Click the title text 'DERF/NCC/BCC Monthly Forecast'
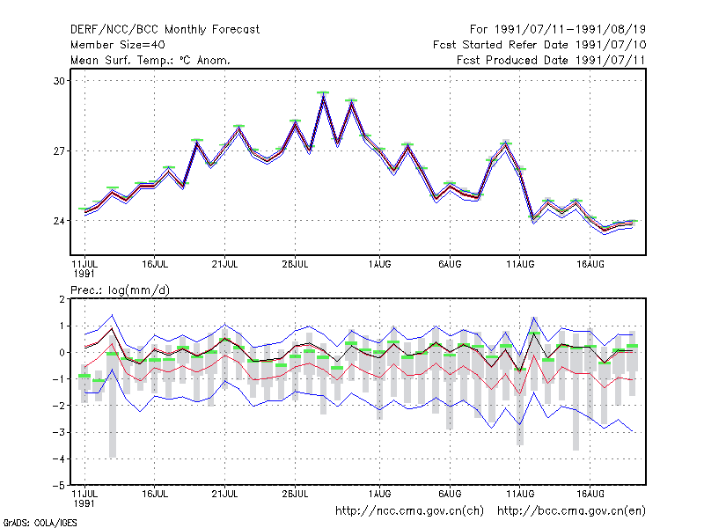(x=165, y=30)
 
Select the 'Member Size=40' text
(x=118, y=45)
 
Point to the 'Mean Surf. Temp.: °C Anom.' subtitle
(x=150, y=60)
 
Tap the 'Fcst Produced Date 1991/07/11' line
(x=551, y=60)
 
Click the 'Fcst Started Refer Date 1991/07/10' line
(x=539, y=45)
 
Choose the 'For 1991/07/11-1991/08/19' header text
(x=558, y=30)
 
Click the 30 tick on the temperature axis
(x=59, y=81)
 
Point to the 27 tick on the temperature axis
(x=59, y=151)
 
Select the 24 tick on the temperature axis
(x=59, y=221)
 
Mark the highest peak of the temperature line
(x=323, y=95)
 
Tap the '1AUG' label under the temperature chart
(x=380, y=264)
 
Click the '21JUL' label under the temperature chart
(x=225, y=264)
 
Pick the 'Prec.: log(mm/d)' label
(x=121, y=290)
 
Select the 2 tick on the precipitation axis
(x=62, y=299)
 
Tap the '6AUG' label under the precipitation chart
(x=450, y=494)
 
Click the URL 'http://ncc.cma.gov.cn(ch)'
(x=409, y=511)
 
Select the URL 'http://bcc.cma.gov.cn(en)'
(x=571, y=511)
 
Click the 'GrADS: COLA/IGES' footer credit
(x=40, y=523)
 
